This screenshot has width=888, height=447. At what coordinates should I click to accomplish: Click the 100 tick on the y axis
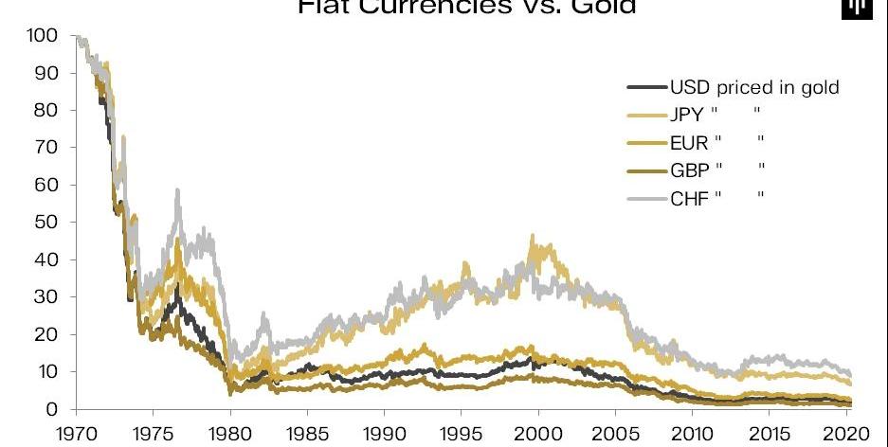coord(46,36)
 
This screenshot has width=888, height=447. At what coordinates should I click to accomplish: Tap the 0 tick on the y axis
coord(54,409)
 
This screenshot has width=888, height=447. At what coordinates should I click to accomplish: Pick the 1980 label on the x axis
coord(228,435)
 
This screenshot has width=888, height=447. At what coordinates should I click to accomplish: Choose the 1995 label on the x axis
coord(461,435)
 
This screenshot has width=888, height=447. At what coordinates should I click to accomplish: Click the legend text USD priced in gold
coord(754,88)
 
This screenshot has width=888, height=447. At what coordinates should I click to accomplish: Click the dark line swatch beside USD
coord(645,88)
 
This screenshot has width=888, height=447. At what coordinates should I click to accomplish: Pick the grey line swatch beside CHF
coord(645,197)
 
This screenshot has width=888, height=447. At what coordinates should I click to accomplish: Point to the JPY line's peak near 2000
coord(533,237)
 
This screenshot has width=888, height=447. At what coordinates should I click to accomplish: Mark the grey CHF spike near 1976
coord(177,190)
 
